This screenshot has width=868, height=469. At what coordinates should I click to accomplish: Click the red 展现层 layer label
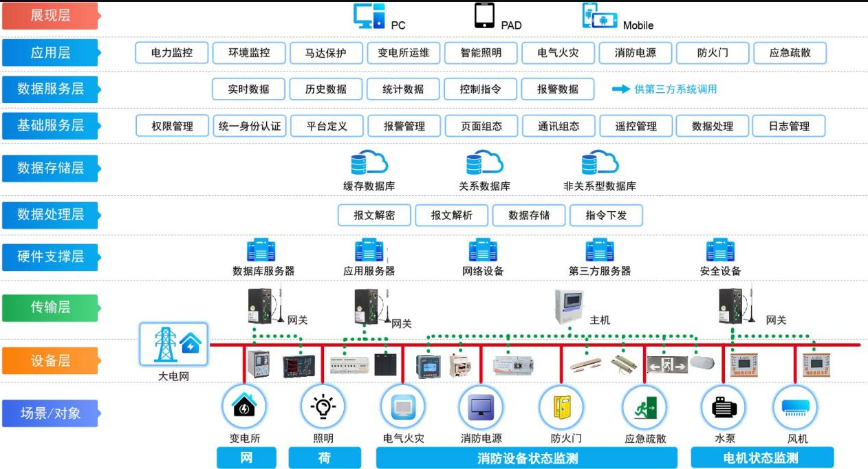tap(50, 16)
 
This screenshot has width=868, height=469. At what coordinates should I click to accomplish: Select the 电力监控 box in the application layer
tap(172, 53)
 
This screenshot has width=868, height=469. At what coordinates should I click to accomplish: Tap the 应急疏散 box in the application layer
tap(790, 53)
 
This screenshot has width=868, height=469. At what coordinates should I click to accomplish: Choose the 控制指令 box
tap(480, 89)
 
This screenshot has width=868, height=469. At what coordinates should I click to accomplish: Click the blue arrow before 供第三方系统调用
tap(621, 89)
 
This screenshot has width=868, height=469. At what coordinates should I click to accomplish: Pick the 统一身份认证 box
tap(250, 126)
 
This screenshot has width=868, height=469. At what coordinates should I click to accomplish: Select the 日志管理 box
tap(789, 126)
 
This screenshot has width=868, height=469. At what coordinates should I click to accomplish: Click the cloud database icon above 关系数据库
tap(484, 162)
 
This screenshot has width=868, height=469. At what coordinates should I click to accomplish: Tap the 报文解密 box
tap(374, 215)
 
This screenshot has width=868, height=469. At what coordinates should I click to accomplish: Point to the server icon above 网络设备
tap(483, 250)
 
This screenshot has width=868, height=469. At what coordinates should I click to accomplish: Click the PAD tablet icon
tap(484, 16)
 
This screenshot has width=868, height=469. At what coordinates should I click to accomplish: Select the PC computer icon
tap(369, 16)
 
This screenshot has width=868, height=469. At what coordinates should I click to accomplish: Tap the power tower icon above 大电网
tap(165, 345)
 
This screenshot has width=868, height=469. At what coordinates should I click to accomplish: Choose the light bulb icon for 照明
tap(323, 406)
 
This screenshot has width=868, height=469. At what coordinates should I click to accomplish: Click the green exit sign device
tap(667, 364)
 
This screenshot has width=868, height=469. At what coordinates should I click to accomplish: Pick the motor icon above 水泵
tap(724, 407)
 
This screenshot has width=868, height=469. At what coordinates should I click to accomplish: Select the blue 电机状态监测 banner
tap(762, 458)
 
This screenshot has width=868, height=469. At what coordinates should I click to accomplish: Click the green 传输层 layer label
tap(50, 307)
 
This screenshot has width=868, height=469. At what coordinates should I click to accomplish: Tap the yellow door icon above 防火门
tap(562, 407)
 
